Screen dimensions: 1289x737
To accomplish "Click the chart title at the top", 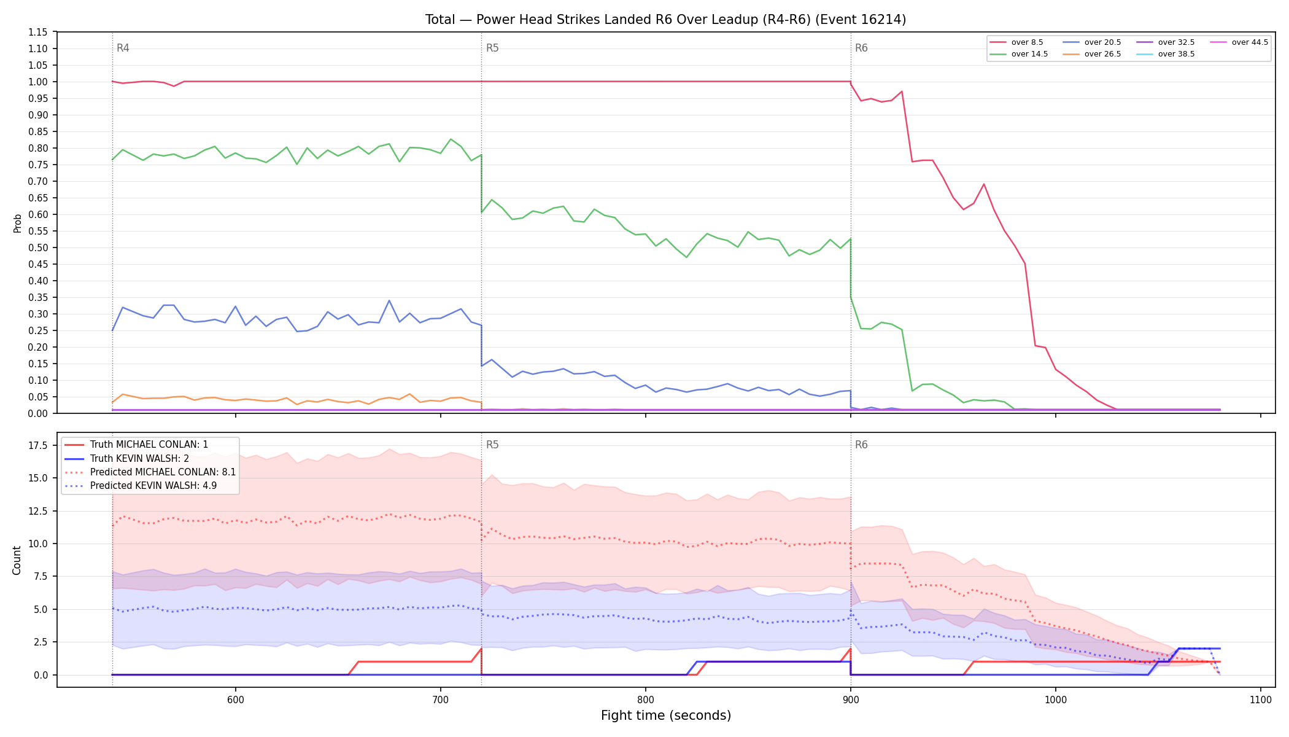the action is [665, 20].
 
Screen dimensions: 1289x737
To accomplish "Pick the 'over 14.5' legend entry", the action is [1019, 54].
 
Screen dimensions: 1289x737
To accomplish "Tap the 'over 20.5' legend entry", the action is [1092, 42].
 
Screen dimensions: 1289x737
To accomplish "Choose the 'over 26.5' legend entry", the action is [1092, 54].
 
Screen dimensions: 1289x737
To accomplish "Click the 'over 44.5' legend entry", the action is [1239, 42].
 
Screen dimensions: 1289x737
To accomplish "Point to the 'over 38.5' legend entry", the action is [1166, 54].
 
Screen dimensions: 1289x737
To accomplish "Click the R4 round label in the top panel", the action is [123, 48].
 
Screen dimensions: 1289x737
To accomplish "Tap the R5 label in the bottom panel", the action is [492, 445].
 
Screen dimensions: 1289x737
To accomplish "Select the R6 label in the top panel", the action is [861, 48].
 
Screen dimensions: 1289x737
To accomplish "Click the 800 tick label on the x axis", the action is [646, 700].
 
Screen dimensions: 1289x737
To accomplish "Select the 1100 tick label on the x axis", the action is [1261, 700].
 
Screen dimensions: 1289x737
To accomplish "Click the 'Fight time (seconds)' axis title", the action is [666, 716].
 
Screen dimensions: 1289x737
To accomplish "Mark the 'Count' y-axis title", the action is [17, 560].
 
